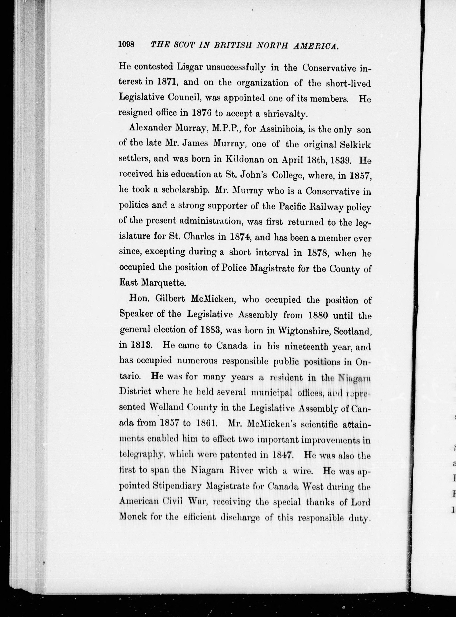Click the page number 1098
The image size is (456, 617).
tap(126, 44)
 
